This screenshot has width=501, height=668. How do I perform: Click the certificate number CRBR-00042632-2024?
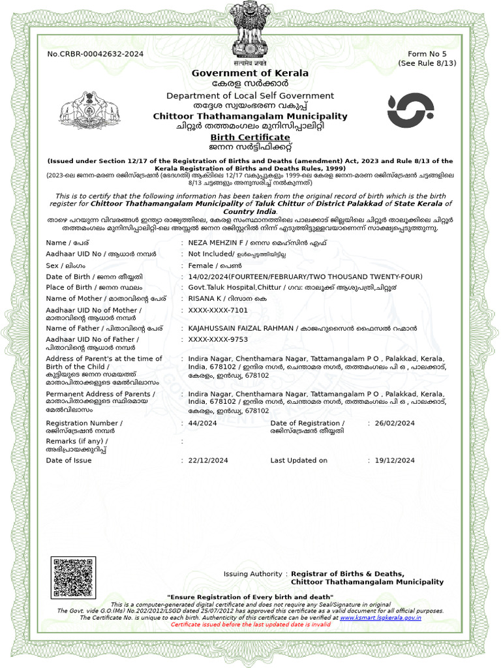95,53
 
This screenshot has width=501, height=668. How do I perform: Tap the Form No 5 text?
427,53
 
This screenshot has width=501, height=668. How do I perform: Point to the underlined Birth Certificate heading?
250,138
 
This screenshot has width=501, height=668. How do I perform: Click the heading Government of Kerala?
250,73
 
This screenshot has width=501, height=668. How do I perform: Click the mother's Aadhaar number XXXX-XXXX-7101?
218,311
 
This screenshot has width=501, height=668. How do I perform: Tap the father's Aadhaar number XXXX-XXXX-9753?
218,340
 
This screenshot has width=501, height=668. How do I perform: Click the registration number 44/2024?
202,423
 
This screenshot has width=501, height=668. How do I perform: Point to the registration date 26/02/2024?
395,423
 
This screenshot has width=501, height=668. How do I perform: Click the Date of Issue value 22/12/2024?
208,461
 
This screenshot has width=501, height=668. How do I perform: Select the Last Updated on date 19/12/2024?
395,461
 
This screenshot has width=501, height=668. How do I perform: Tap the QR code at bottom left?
74,577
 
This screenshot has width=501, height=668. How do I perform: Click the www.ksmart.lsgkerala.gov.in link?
380,617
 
